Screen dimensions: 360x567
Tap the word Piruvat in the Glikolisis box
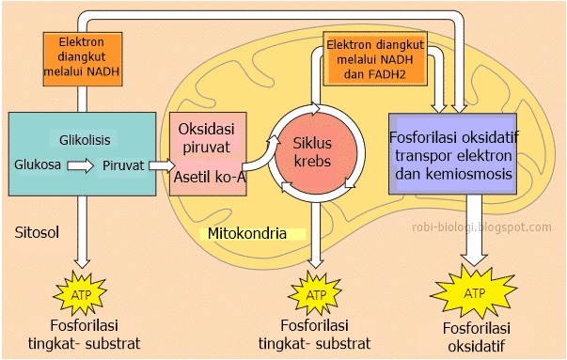(123, 165)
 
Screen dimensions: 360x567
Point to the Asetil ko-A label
(210, 178)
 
